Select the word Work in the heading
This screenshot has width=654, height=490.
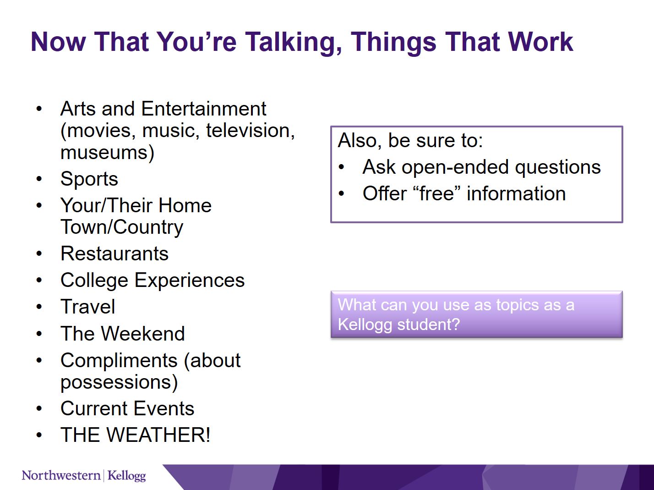pos(540,42)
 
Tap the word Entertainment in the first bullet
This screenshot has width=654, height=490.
pos(203,109)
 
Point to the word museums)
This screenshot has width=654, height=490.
pos(107,153)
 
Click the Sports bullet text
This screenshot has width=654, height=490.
pos(89,179)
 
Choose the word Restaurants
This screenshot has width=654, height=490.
pos(114,254)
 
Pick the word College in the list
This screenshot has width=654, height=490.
pos(94,281)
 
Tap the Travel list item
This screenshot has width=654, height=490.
pos(87,307)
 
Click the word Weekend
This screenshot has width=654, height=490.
pos(143,333)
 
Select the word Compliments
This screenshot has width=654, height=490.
pos(119,360)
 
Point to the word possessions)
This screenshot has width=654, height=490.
pos(119,382)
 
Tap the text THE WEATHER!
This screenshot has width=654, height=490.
pos(135,435)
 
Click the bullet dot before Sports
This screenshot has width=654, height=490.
pos(39,179)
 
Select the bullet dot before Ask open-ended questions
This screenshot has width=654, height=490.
pos(342,167)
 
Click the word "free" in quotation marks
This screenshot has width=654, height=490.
pos(437,193)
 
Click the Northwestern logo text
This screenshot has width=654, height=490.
pos(61,475)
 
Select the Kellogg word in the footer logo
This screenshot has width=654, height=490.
pos(126,476)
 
